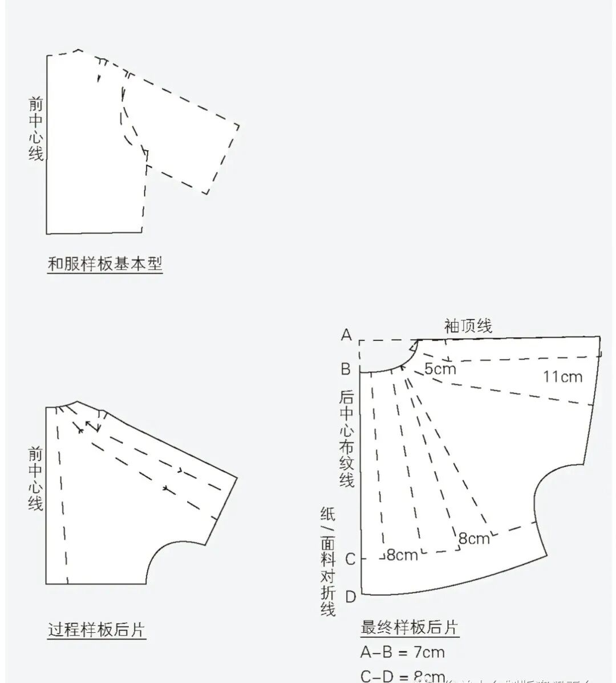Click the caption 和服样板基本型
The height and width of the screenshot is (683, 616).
[105, 264]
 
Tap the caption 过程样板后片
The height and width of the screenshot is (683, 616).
[96, 630]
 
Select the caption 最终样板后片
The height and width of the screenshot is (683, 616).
[409, 627]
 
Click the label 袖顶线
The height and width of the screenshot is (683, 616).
[468, 326]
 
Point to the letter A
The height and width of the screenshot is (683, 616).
[346, 335]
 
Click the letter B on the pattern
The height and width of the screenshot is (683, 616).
[346, 369]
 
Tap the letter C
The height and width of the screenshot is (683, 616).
[350, 559]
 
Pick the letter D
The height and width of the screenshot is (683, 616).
[350, 597]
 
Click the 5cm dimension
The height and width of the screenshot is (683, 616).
[440, 368]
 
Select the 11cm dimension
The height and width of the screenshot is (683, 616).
[562, 376]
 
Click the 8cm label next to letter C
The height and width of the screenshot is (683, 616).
[402, 555]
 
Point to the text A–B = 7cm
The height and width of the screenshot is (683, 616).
[402, 652]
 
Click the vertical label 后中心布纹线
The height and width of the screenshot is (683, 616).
[347, 438]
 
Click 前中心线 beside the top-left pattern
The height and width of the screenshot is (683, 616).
[36, 128]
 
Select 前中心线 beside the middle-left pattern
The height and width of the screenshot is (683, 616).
[36, 479]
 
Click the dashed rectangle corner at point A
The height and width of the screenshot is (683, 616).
[360, 341]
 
